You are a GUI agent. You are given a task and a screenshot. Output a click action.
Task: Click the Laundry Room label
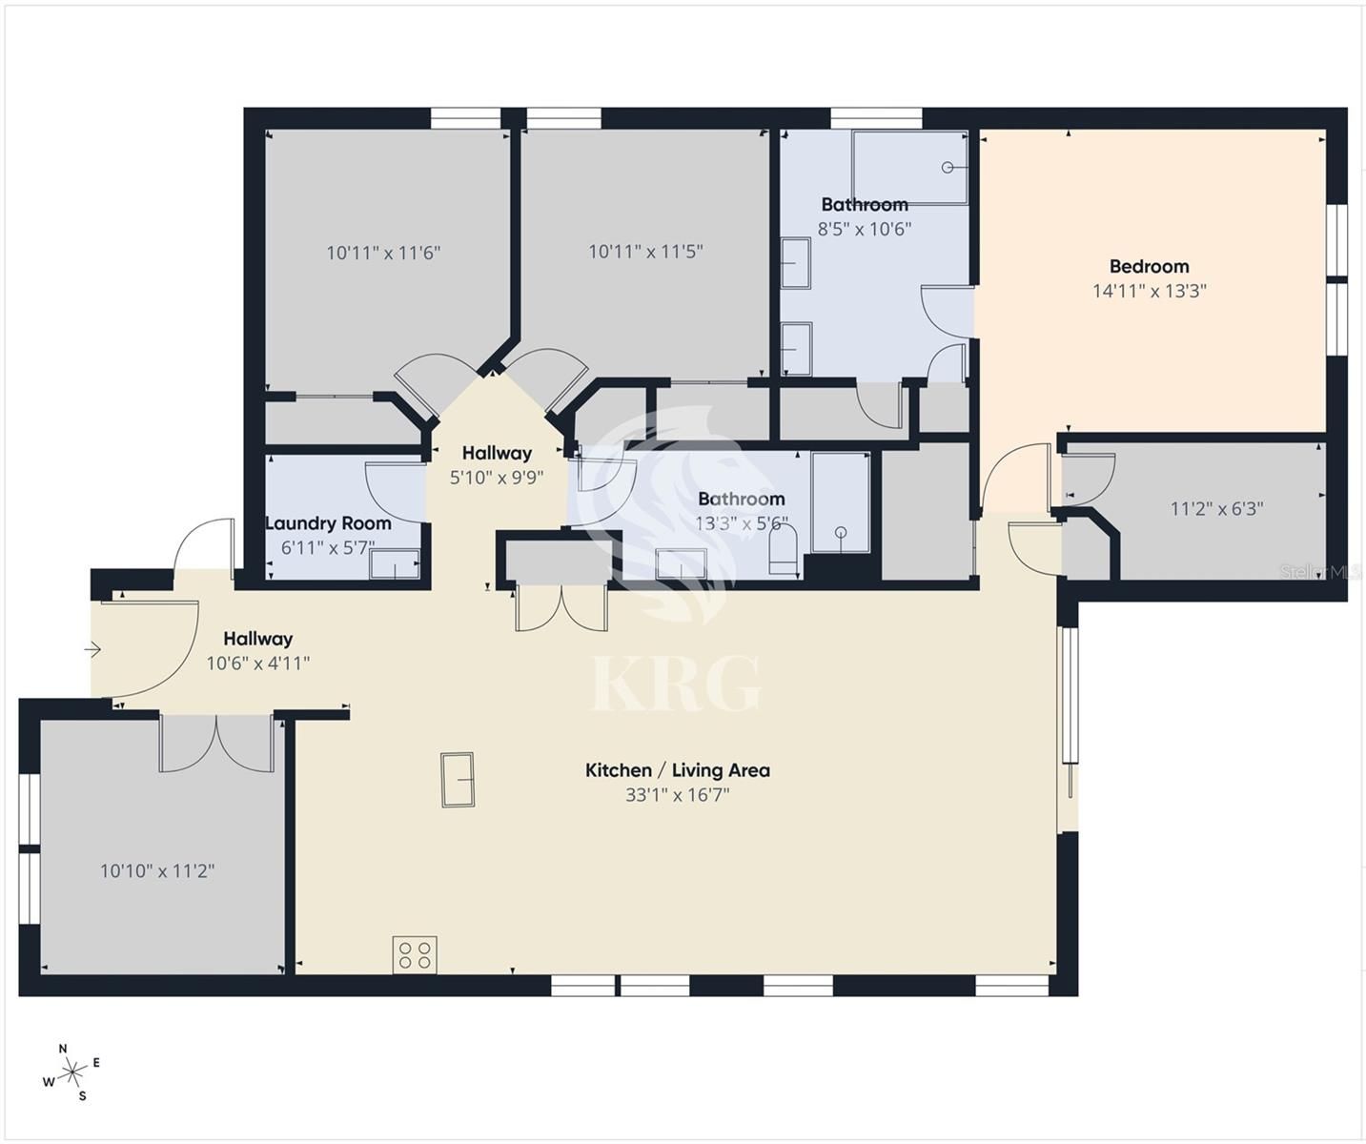(329, 523)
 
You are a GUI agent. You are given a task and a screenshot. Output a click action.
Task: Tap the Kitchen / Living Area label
(677, 770)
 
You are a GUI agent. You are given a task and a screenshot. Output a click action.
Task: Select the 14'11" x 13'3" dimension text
(1150, 291)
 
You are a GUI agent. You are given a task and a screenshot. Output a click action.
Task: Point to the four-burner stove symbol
(415, 955)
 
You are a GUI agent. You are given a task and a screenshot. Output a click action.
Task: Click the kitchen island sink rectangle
(458, 780)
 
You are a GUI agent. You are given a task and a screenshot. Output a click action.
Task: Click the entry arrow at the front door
(92, 650)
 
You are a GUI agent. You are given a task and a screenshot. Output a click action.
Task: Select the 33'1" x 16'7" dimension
(677, 795)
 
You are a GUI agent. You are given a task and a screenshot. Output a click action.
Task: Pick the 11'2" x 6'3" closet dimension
(1216, 508)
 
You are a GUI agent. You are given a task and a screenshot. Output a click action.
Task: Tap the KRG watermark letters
(677, 684)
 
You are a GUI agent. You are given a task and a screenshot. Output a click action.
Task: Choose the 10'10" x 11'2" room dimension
(157, 871)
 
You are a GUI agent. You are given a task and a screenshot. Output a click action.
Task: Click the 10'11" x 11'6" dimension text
(383, 253)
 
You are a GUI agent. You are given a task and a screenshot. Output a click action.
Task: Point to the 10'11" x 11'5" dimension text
(645, 252)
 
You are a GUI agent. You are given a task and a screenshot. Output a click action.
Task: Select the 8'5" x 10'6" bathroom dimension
(865, 229)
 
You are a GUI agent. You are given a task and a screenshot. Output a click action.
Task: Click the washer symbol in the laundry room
(395, 564)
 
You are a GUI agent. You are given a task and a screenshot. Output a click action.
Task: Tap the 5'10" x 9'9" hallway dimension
(497, 478)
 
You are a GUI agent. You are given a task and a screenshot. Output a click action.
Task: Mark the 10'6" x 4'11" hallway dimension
(257, 664)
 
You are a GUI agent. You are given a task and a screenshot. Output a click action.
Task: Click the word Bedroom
(1150, 266)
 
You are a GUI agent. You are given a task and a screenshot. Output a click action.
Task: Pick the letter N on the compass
(63, 1049)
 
